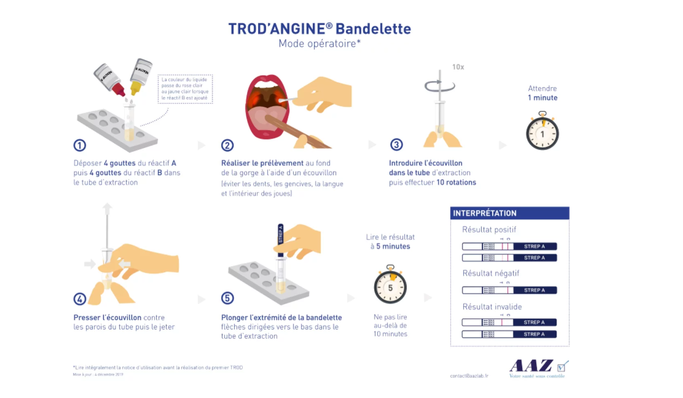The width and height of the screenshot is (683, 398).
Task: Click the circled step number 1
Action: coord(80,145)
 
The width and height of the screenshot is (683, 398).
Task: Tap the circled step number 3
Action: coord(396,145)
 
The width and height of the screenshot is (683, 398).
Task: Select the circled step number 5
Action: coord(228,298)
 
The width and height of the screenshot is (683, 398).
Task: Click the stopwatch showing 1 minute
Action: coord(542,133)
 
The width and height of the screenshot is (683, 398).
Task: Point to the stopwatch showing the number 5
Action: coord(390,287)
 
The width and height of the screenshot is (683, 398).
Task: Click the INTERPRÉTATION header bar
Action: coord(509,213)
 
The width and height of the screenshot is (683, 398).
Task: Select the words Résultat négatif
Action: coord(491,273)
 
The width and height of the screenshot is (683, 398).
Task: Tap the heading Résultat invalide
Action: coord(492,307)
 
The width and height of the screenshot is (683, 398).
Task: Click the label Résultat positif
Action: coord(489,230)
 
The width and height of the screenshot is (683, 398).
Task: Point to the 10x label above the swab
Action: coord(458,67)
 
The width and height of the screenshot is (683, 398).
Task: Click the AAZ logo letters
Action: coord(531,366)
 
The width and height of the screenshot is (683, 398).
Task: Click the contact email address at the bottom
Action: coord(469,376)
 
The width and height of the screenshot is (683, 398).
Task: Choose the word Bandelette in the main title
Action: coord(373,29)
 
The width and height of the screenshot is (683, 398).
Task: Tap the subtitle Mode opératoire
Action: coord(319,44)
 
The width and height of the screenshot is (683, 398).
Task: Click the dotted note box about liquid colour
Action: coord(185,89)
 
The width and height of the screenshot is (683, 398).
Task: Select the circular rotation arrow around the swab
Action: coord(440,86)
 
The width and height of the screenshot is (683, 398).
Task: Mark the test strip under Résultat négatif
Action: coord(509,290)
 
